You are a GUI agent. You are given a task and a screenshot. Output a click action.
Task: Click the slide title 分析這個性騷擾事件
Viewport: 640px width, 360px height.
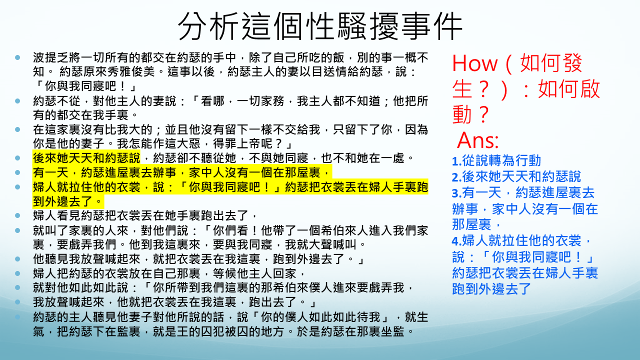point(320,26)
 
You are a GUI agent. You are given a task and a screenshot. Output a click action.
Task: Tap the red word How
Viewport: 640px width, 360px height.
point(474,63)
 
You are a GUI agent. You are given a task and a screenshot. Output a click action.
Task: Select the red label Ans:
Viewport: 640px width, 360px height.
point(478,140)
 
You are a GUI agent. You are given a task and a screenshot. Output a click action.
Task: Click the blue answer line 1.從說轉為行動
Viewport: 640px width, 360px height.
point(496,160)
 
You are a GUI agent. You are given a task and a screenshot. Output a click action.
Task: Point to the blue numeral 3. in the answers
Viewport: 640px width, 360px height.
point(456,193)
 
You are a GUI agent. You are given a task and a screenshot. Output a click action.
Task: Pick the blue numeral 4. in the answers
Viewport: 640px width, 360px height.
point(456,241)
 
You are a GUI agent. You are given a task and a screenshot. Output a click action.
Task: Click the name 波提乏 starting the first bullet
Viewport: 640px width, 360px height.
point(50,57)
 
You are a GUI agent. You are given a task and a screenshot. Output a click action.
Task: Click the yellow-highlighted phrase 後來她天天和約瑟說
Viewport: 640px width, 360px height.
point(86,158)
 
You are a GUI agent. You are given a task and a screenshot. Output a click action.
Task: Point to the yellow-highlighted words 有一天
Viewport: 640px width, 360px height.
point(50,172)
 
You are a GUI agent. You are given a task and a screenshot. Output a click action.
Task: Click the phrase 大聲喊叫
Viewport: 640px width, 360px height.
point(332,244)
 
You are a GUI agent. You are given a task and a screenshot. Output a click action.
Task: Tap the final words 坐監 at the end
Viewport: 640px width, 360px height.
point(392,331)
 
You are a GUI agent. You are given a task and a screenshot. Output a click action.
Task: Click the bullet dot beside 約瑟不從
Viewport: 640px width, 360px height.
point(17,101)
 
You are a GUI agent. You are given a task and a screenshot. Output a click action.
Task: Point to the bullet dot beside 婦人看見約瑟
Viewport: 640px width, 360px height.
point(17,215)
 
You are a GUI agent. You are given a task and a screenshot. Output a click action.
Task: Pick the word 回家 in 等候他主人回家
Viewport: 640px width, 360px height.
point(284,273)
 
